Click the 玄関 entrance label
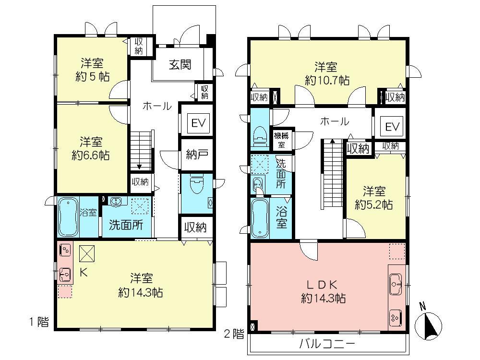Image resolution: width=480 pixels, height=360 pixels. pos(180,64)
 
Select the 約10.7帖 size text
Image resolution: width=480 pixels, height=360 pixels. pos(327,81)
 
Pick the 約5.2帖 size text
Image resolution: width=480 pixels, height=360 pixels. pos(374,204)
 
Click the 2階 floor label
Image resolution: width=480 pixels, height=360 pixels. pos(234,335)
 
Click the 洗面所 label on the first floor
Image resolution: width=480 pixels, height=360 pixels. pos(125,226)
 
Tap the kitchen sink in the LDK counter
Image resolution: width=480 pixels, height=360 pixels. pos(396,284)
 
